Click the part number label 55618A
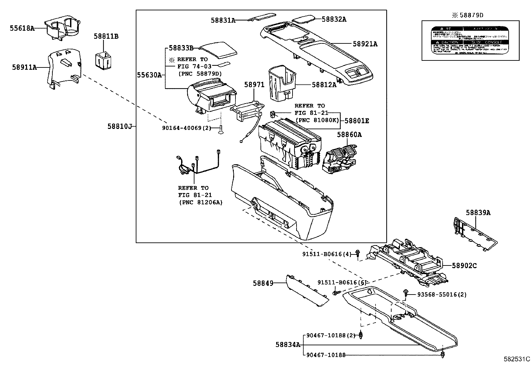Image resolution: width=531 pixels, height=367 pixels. coord(22,28)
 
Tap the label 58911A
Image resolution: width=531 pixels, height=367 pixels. coord(24,67)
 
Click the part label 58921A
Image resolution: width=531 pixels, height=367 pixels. coord(365,44)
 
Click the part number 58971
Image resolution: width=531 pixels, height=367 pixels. coord(254,85)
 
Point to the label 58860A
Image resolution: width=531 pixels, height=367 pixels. coord(349,135)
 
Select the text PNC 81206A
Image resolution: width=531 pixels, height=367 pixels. coord(200,202)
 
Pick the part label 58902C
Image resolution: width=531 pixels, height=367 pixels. coord(464,266)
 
